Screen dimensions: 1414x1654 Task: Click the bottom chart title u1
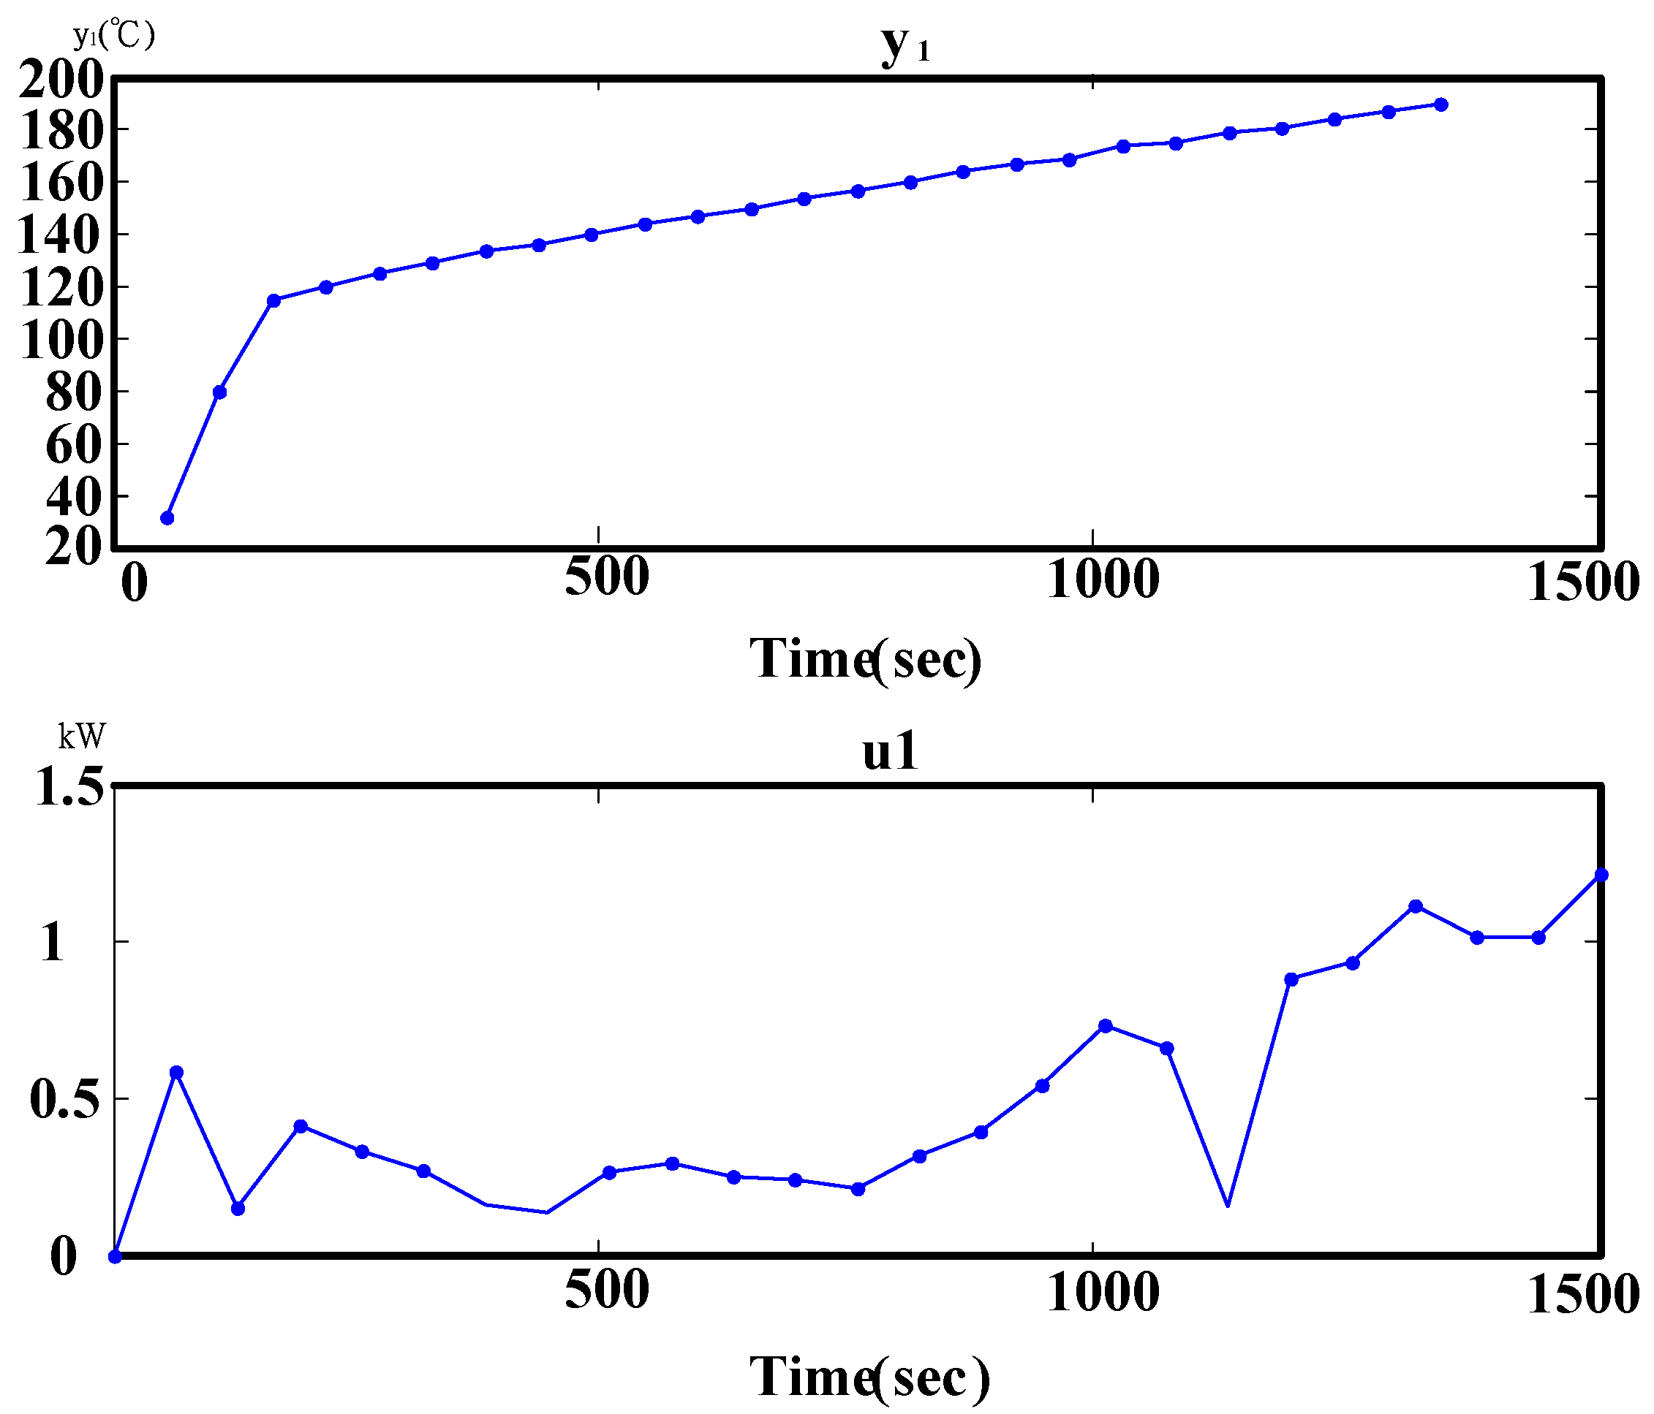(890, 752)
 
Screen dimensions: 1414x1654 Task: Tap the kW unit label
(81, 737)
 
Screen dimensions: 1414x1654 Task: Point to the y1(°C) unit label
(113, 35)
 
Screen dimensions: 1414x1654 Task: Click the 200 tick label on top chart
(61, 80)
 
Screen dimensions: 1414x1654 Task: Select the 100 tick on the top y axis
(61, 341)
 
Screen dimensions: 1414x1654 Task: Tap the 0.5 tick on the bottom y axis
(67, 1100)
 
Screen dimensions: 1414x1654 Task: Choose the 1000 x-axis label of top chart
(1103, 579)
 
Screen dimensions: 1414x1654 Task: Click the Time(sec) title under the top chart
(865, 659)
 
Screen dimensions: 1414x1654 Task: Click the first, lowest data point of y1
(167, 518)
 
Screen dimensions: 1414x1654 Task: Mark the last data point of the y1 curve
(1441, 104)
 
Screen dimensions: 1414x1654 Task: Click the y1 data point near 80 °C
(219, 392)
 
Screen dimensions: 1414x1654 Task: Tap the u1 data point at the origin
(115, 1256)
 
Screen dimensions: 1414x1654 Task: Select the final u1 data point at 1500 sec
(1601, 875)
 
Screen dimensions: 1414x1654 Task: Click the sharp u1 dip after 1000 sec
(1227, 1205)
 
